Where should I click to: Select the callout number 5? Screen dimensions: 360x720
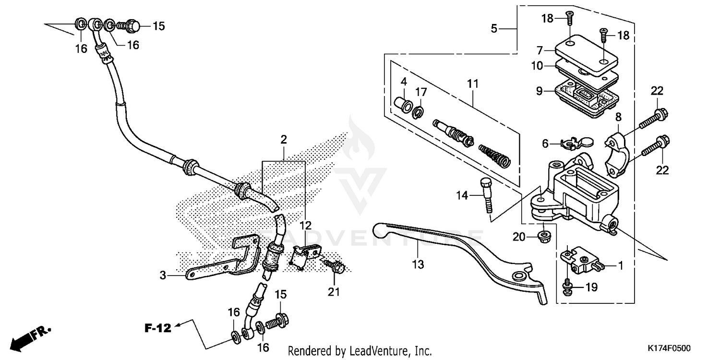[x=494, y=29]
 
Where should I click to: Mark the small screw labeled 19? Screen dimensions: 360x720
[x=566, y=287]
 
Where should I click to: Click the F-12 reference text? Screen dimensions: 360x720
[x=158, y=328]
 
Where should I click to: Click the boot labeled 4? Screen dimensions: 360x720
[x=402, y=105]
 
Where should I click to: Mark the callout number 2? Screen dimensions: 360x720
[x=284, y=140]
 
